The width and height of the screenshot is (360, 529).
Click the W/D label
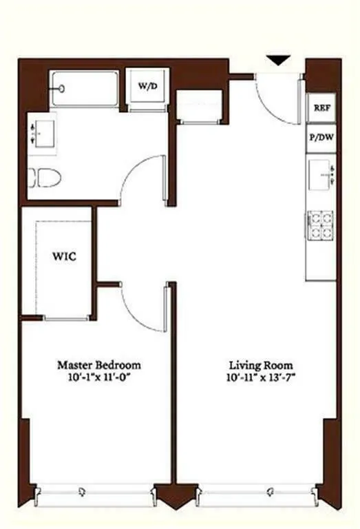[147, 86]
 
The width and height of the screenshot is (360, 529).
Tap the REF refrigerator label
[321, 108]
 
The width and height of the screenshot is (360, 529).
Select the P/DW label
[321, 138]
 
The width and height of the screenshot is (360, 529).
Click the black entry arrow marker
[277, 61]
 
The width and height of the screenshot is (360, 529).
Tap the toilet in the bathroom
[46, 179]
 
